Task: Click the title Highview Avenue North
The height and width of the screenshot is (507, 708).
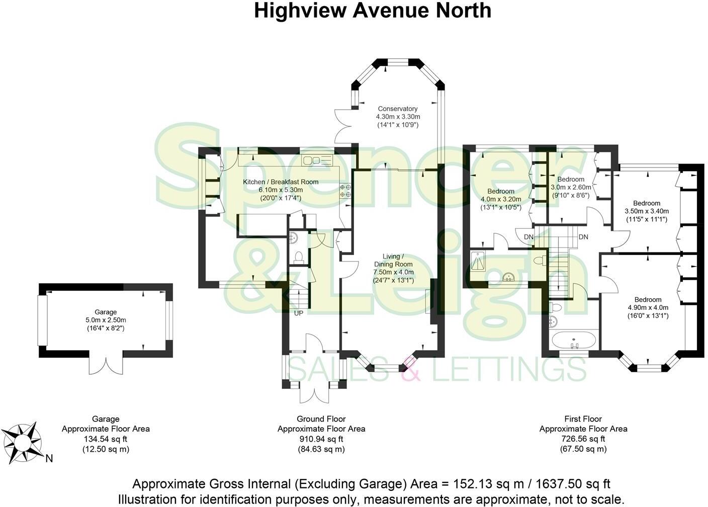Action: click(x=372, y=10)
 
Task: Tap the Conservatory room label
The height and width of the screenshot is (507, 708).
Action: click(x=398, y=109)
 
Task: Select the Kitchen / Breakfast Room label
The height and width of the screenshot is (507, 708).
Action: click(x=281, y=182)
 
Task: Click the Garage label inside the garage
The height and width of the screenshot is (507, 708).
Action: click(x=106, y=312)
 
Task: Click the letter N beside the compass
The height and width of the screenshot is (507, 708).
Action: click(x=49, y=458)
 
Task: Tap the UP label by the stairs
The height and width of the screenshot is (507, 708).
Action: click(x=299, y=313)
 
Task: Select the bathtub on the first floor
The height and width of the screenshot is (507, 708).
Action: click(x=575, y=340)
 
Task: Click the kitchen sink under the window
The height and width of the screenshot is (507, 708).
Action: click(x=317, y=160)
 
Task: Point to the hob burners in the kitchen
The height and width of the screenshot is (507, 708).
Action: click(x=346, y=191)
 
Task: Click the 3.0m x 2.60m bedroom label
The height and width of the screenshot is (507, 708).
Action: click(x=571, y=187)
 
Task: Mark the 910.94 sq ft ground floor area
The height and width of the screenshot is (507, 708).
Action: click(x=321, y=439)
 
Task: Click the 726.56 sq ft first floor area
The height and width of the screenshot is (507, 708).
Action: click(x=583, y=439)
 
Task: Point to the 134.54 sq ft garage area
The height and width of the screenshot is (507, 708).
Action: click(x=106, y=439)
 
